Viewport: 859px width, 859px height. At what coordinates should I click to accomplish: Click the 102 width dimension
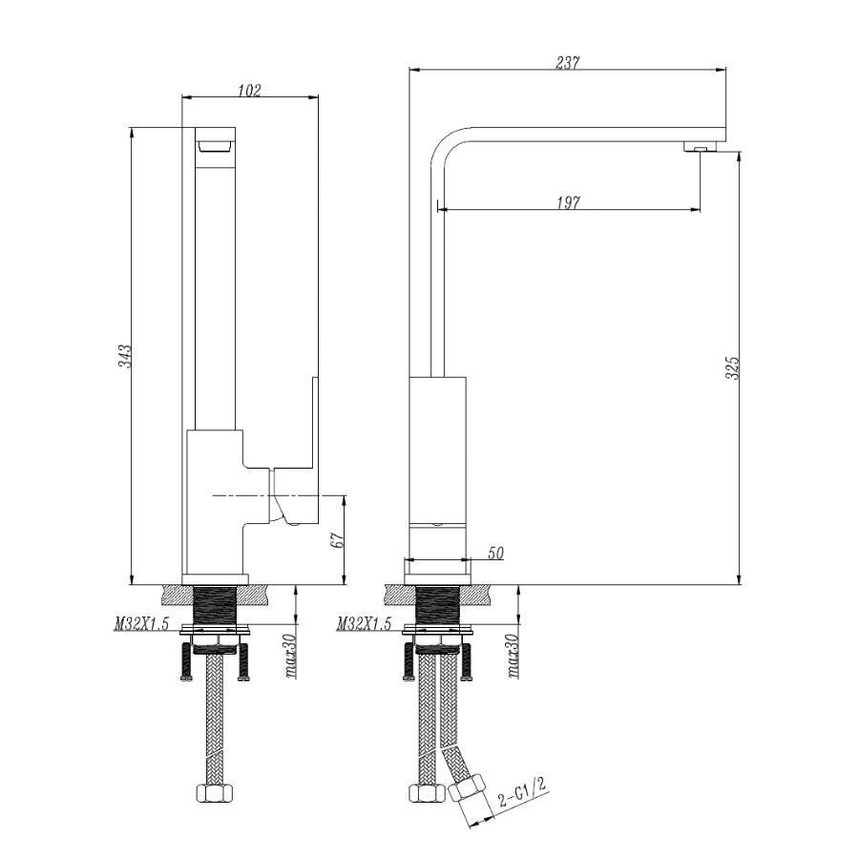click(x=249, y=91)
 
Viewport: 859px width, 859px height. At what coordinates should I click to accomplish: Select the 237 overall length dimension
click(x=568, y=63)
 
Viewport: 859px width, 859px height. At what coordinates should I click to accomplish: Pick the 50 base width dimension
click(x=495, y=554)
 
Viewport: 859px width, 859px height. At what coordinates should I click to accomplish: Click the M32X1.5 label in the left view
click(x=141, y=625)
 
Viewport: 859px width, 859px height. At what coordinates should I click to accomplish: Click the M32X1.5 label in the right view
click(x=365, y=624)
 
